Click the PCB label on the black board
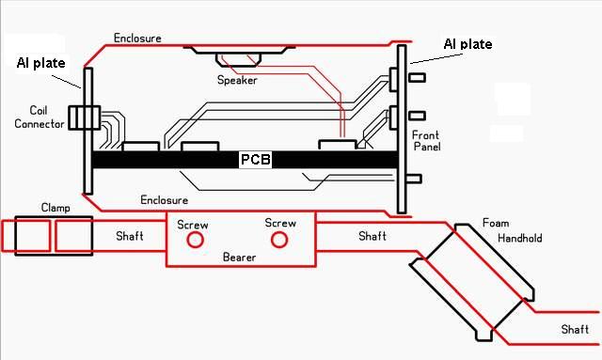(x=255, y=159)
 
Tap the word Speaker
(x=237, y=80)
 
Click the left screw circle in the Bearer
(x=195, y=240)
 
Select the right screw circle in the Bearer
(x=279, y=240)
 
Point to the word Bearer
(x=239, y=258)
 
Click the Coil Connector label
(x=40, y=117)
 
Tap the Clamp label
(x=55, y=208)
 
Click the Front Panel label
(x=426, y=141)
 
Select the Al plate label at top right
(x=467, y=44)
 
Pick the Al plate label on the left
(x=41, y=63)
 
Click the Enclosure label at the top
(x=137, y=38)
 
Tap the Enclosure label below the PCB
(x=164, y=200)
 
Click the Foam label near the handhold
(x=496, y=223)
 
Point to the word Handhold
(x=520, y=239)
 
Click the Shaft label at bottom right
(x=575, y=329)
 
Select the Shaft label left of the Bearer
(x=130, y=236)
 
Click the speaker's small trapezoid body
(x=238, y=60)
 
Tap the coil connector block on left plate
(x=85, y=117)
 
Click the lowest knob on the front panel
(x=414, y=179)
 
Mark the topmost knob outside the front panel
(x=417, y=78)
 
